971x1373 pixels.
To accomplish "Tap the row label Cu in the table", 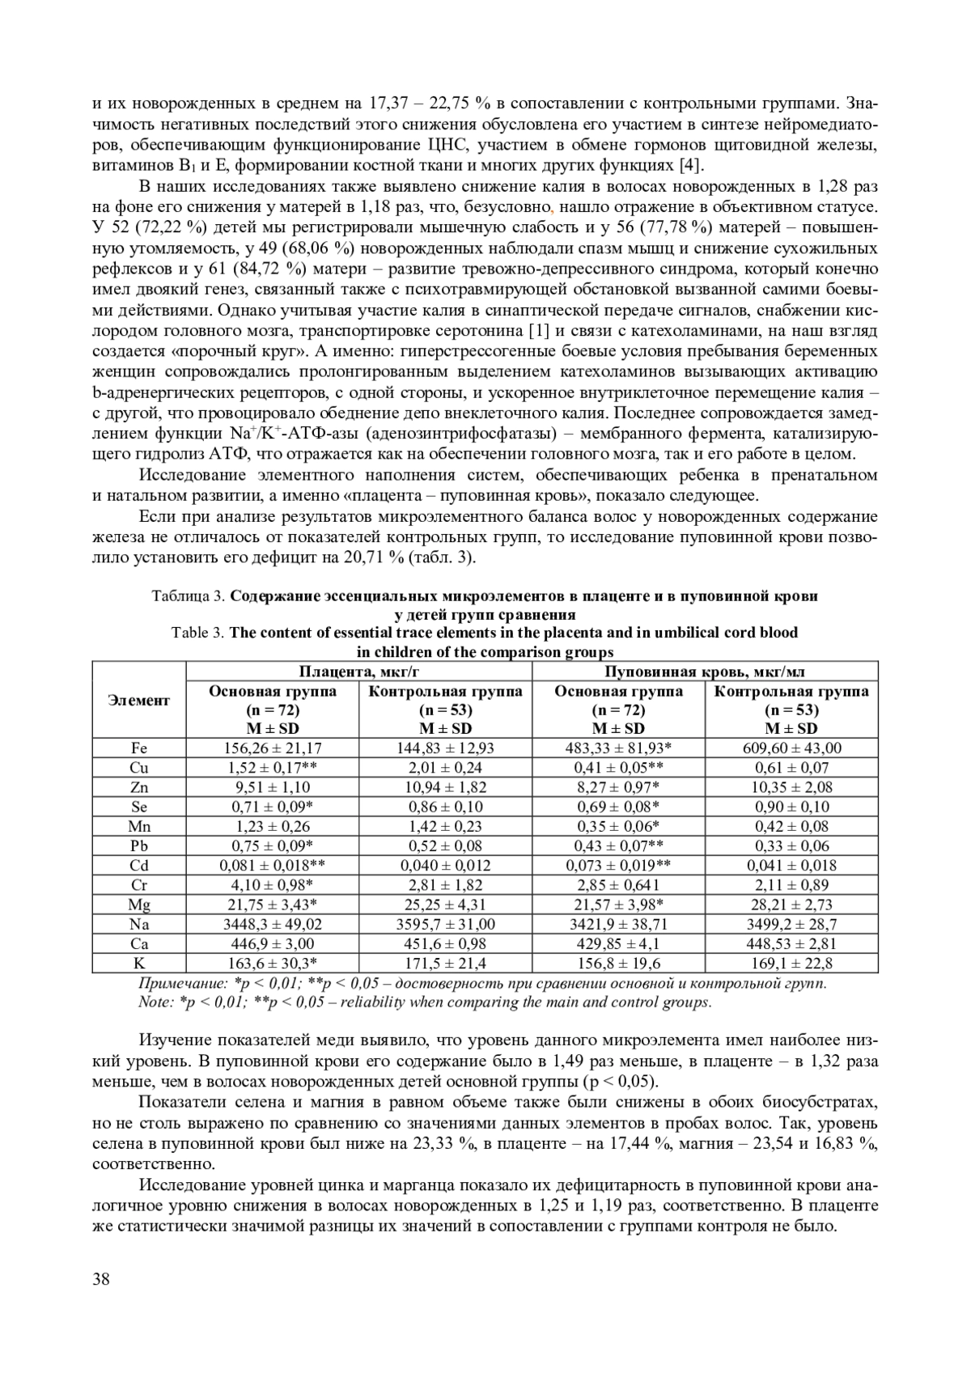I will pyautogui.click(x=139, y=768).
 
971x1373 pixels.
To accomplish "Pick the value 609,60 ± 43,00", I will pyautogui.click(x=791, y=748).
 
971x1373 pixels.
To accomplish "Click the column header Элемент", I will pyautogui.click(x=139, y=701).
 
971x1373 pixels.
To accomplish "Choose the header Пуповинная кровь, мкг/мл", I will pyautogui.click(x=705, y=672).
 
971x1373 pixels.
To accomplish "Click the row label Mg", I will pyautogui.click(x=139, y=905).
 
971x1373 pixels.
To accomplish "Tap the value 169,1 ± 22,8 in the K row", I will pyautogui.click(x=791, y=963).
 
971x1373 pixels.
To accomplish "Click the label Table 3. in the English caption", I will pyautogui.click(x=198, y=633).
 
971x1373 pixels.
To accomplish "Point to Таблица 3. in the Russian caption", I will pyautogui.click(x=189, y=596).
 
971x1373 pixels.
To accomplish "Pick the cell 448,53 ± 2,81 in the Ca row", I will pyautogui.click(x=791, y=943).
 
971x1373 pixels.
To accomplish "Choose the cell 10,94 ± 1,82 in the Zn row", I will pyautogui.click(x=446, y=787).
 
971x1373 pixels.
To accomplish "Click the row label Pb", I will pyautogui.click(x=139, y=845).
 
